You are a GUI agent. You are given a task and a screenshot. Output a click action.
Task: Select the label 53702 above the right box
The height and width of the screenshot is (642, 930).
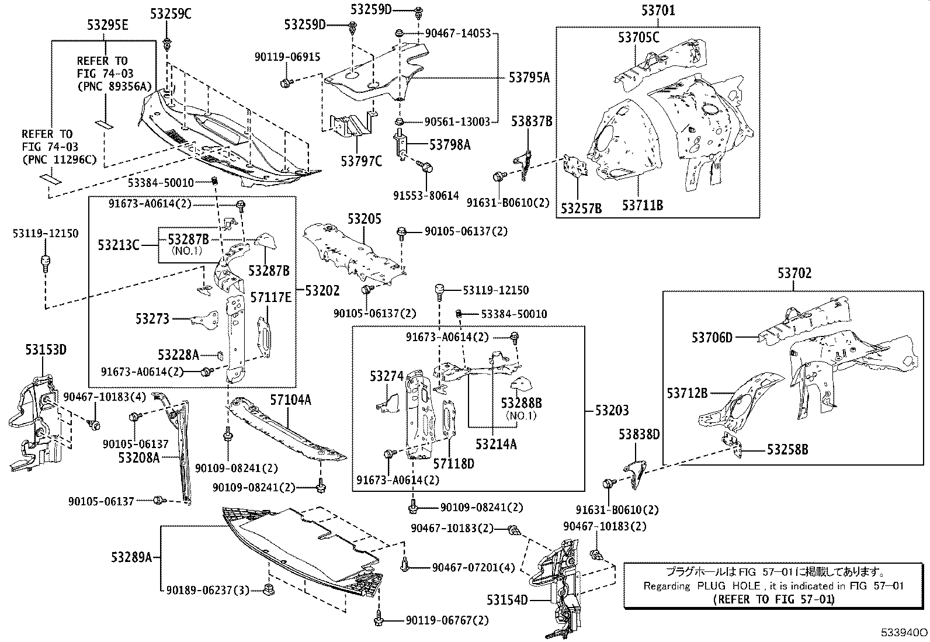[794, 273]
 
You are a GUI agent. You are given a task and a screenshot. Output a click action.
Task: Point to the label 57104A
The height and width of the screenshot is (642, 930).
[290, 400]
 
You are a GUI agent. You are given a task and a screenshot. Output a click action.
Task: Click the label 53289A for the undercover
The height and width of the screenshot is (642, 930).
[131, 557]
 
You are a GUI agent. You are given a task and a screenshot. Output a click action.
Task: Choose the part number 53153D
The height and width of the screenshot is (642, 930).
[46, 350]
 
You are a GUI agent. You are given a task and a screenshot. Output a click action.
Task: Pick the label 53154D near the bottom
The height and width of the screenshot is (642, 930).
[507, 600]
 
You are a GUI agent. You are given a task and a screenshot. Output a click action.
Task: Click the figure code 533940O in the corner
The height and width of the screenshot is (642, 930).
[904, 633]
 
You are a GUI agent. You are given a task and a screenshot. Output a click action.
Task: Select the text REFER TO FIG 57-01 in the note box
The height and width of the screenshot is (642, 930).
[774, 599]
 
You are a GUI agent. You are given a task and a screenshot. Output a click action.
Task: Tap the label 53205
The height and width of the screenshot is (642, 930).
[364, 219]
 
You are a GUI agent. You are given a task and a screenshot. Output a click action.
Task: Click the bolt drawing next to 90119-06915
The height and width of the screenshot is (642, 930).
[286, 83]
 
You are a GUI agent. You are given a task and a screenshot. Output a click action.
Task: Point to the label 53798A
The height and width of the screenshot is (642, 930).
[450, 144]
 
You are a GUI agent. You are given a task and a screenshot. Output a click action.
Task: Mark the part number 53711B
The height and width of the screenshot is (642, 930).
[642, 205]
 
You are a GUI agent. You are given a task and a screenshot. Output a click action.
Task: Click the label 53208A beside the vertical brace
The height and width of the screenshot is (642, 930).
[138, 457]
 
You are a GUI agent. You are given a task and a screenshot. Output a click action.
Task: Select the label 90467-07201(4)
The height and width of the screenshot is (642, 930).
[473, 567]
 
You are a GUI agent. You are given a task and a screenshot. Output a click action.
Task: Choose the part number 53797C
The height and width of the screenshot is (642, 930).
[361, 161]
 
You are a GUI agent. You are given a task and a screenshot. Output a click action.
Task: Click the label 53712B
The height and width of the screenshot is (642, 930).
[688, 393]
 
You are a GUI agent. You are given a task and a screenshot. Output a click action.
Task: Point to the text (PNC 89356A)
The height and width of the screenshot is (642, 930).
[114, 86]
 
